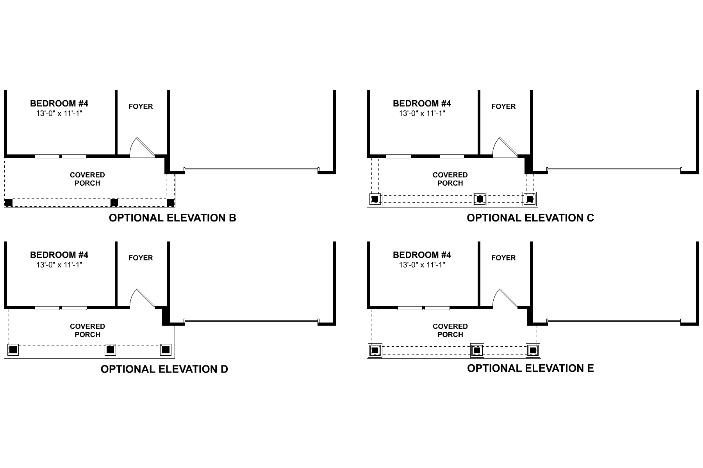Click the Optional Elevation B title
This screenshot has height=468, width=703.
172,218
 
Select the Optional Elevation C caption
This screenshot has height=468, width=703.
530,218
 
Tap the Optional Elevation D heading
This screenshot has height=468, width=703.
164,369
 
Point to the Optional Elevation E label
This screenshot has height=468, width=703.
530,368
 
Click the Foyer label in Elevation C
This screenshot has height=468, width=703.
503,106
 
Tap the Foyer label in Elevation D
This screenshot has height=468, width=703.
141,258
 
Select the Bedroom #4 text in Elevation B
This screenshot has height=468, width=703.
59,103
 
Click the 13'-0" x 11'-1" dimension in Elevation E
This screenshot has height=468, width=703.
422,265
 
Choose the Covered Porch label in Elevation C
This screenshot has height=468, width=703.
450,179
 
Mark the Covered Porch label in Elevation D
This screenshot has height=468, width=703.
87,330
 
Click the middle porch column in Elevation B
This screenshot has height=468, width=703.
114,202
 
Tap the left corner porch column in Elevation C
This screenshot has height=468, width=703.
375,199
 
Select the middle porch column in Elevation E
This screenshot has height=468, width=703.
476,350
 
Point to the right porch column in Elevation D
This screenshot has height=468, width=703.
166,349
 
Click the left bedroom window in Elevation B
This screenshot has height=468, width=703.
47,156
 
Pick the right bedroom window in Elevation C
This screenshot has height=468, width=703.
451,156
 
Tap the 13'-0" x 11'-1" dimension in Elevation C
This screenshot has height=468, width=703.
422,113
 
